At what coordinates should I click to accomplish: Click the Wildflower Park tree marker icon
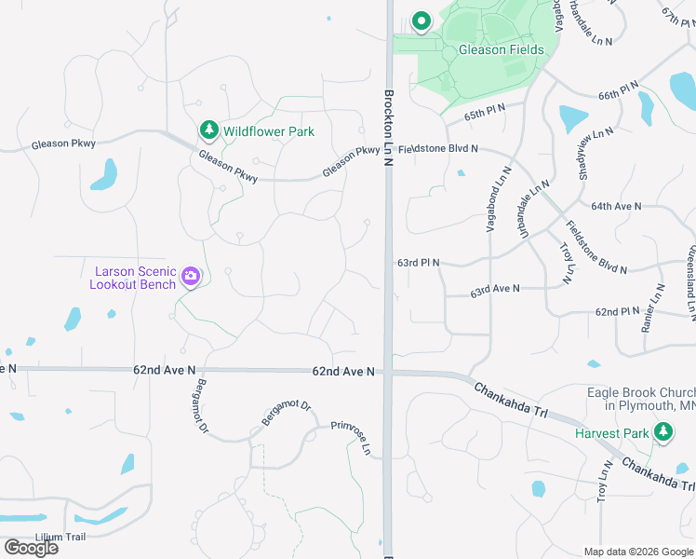(x=209, y=130)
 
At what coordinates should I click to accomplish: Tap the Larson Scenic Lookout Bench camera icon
(x=191, y=276)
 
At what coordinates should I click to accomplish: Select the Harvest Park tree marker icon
(x=663, y=432)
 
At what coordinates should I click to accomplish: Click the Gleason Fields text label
(x=494, y=49)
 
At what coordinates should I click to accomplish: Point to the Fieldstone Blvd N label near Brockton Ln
(x=437, y=149)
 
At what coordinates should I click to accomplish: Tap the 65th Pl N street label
(x=485, y=112)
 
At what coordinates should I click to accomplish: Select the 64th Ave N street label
(x=617, y=206)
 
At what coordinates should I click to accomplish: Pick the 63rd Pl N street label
(x=418, y=264)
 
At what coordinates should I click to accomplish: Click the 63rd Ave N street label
(x=494, y=291)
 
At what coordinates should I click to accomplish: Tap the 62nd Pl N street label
(x=618, y=311)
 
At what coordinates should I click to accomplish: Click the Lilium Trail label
(x=60, y=537)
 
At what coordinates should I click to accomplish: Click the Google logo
(x=31, y=548)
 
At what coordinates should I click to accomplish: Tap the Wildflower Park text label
(x=268, y=131)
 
